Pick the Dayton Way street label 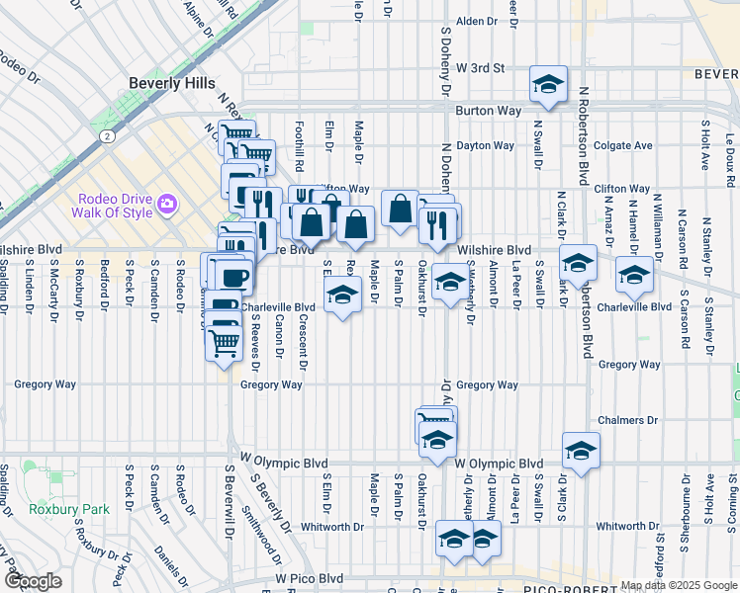(486, 145)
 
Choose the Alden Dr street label (476, 21)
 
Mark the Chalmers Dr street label (621, 420)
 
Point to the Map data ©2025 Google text (677, 585)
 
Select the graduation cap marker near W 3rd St (547, 85)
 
